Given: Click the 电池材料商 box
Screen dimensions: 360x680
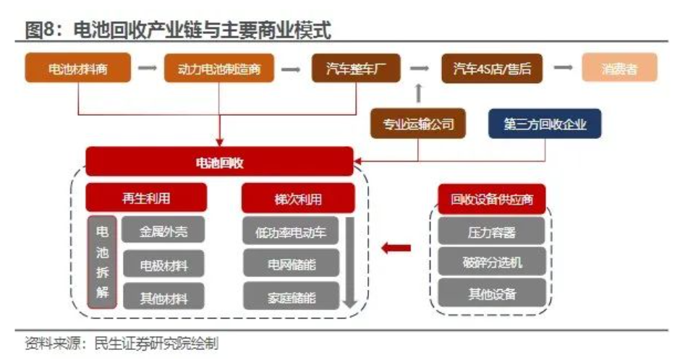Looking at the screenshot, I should (x=77, y=69).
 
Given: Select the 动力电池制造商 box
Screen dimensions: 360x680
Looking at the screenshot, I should (x=219, y=69).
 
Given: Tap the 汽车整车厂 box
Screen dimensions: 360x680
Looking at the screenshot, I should (x=355, y=69).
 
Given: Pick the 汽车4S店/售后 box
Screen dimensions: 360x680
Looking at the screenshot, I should (x=492, y=69).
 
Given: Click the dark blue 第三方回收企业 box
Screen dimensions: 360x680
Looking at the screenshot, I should (x=545, y=124).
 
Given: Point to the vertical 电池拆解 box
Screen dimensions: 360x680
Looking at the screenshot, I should (x=102, y=262).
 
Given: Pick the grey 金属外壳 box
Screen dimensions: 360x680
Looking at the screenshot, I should (x=163, y=231).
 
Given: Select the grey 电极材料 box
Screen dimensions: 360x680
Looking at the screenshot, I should (x=163, y=265).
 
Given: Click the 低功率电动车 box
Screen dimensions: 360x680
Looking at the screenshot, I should (x=291, y=231).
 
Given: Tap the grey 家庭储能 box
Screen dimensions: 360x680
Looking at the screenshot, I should (x=291, y=296).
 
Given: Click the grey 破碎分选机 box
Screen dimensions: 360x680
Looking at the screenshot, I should (x=492, y=262).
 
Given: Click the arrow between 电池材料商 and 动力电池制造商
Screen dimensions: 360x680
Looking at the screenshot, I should (x=148, y=69).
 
